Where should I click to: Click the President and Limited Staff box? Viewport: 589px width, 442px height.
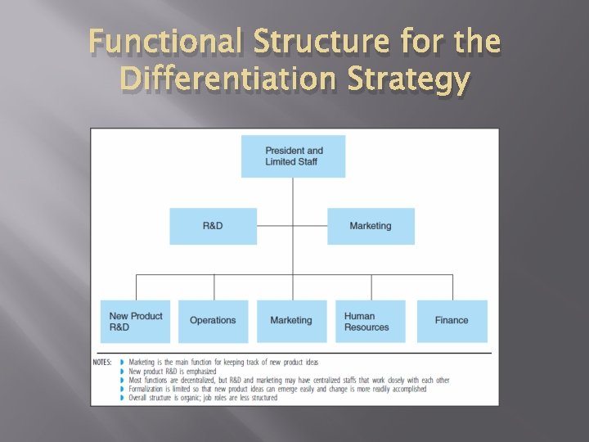[x=293, y=156]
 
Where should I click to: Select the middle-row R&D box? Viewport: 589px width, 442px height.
[x=213, y=226]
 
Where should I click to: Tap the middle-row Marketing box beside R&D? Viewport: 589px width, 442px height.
[x=371, y=226]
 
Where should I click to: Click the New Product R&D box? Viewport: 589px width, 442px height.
[x=136, y=321]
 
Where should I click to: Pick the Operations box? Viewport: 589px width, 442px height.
[x=213, y=321]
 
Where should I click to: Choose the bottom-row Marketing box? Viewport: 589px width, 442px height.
[x=291, y=321]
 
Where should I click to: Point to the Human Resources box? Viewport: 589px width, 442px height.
[x=370, y=321]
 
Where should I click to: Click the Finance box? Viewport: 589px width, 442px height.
[x=452, y=321]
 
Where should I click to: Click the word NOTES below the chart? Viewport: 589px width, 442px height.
[x=102, y=362]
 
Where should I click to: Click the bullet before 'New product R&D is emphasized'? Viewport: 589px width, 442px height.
[x=123, y=372]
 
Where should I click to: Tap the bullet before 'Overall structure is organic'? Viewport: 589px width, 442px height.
[x=123, y=399]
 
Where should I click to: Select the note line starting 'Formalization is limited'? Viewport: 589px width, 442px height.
[x=277, y=390]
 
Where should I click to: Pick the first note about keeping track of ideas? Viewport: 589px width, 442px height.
[x=223, y=362]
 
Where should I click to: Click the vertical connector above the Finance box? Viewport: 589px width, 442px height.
[x=452, y=287]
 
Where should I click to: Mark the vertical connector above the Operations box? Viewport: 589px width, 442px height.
[x=214, y=287]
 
